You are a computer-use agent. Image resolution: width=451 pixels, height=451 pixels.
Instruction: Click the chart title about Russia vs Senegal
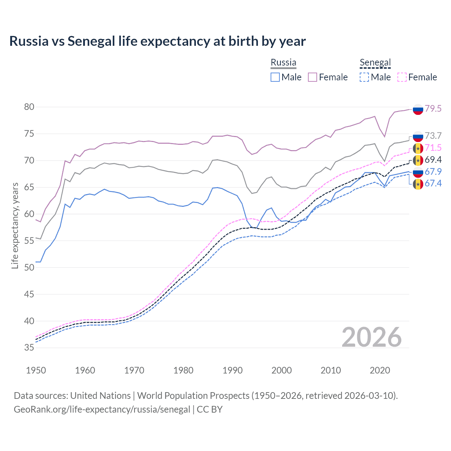157,41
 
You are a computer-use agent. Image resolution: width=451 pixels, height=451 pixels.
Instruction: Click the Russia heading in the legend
283,62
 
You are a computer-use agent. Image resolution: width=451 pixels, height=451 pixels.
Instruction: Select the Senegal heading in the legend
375,63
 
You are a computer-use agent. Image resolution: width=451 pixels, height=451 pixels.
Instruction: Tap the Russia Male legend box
275,77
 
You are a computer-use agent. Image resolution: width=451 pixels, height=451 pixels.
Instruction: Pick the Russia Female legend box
313,77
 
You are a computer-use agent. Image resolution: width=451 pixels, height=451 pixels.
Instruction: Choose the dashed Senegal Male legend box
364,77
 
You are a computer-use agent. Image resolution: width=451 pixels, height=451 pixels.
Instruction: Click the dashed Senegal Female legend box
402,77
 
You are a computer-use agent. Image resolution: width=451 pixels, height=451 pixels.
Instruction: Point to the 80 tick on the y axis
29,107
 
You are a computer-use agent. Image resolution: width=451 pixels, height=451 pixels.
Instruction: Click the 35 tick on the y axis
29,348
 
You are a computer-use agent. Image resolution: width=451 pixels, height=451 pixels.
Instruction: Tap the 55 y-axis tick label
29,241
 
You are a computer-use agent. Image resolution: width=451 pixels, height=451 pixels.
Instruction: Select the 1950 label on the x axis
36,370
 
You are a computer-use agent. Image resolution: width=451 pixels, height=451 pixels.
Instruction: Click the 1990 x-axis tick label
233,370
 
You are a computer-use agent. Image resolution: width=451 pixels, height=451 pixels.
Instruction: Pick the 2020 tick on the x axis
380,370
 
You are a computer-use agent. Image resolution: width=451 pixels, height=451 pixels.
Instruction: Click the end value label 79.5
433,109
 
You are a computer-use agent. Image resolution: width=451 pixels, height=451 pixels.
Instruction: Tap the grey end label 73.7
433,136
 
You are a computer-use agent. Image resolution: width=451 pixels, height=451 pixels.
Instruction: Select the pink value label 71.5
433,148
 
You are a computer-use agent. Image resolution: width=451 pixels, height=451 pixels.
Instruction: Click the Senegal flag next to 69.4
418,160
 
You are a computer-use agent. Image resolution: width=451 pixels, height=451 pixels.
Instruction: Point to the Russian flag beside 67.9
418,172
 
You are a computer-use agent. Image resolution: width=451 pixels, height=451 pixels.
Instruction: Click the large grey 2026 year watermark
372,337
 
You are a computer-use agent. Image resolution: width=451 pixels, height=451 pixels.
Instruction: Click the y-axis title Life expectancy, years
15,225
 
